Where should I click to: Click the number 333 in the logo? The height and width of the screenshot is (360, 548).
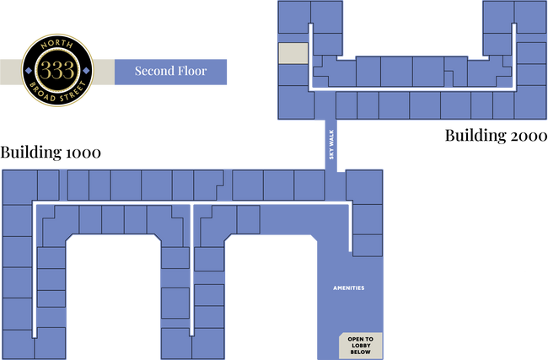click(57, 70)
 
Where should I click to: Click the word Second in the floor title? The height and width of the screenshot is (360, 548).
click(153, 71)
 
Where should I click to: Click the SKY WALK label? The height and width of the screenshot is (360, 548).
click(332, 148)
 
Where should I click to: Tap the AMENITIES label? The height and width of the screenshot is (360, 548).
click(348, 288)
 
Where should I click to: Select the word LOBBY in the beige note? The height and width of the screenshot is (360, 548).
click(360, 345)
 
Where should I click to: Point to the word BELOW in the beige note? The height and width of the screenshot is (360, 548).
click(360, 352)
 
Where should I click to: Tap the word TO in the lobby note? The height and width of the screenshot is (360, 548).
click(368, 338)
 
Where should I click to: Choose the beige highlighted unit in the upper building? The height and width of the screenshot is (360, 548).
click(293, 53)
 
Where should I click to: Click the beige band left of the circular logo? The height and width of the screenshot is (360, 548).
click(10, 70)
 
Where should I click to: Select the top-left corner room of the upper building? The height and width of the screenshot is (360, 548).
click(293, 17)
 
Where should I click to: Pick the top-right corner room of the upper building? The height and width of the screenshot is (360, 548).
click(530, 17)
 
